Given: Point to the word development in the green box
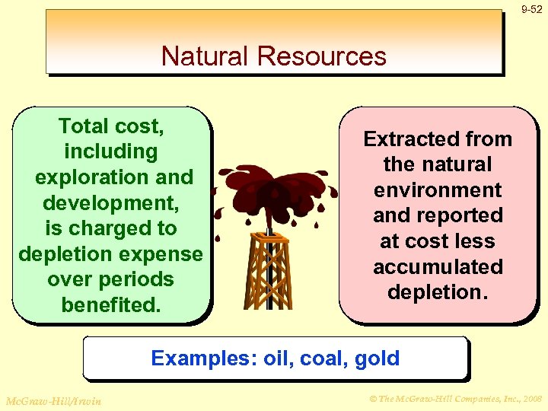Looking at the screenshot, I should (107, 203).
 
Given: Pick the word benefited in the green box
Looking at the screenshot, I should (111, 305).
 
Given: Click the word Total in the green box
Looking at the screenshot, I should (84, 126).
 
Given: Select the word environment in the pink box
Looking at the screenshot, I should (438, 190).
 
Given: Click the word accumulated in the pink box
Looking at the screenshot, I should (438, 267).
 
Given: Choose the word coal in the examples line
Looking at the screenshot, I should (320, 358).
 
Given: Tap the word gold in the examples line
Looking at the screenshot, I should (376, 358).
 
